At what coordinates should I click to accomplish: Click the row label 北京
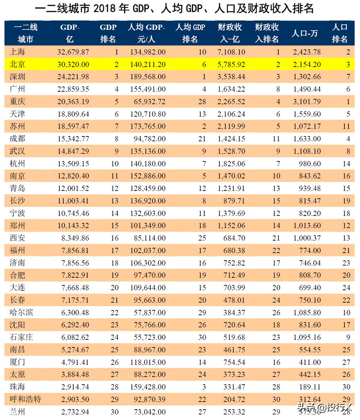pyautogui.click(x=17, y=64)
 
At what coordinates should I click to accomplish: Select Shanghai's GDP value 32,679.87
pyautogui.click(x=73, y=52)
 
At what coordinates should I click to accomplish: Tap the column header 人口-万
pyautogui.click(x=304, y=33)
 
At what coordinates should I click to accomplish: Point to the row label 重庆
pyautogui.click(x=17, y=102)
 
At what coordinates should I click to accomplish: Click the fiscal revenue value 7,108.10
pyautogui.click(x=231, y=52)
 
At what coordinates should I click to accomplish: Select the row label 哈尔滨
pyautogui.click(x=22, y=312)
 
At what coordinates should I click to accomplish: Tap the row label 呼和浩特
pyautogui.click(x=25, y=399)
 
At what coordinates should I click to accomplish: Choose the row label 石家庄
pyautogui.click(x=22, y=337)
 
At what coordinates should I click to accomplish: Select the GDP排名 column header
pyautogui.click(x=108, y=33)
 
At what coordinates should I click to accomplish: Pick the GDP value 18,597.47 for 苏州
pyautogui.click(x=73, y=126)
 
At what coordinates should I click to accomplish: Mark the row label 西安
pyautogui.click(x=17, y=238)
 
